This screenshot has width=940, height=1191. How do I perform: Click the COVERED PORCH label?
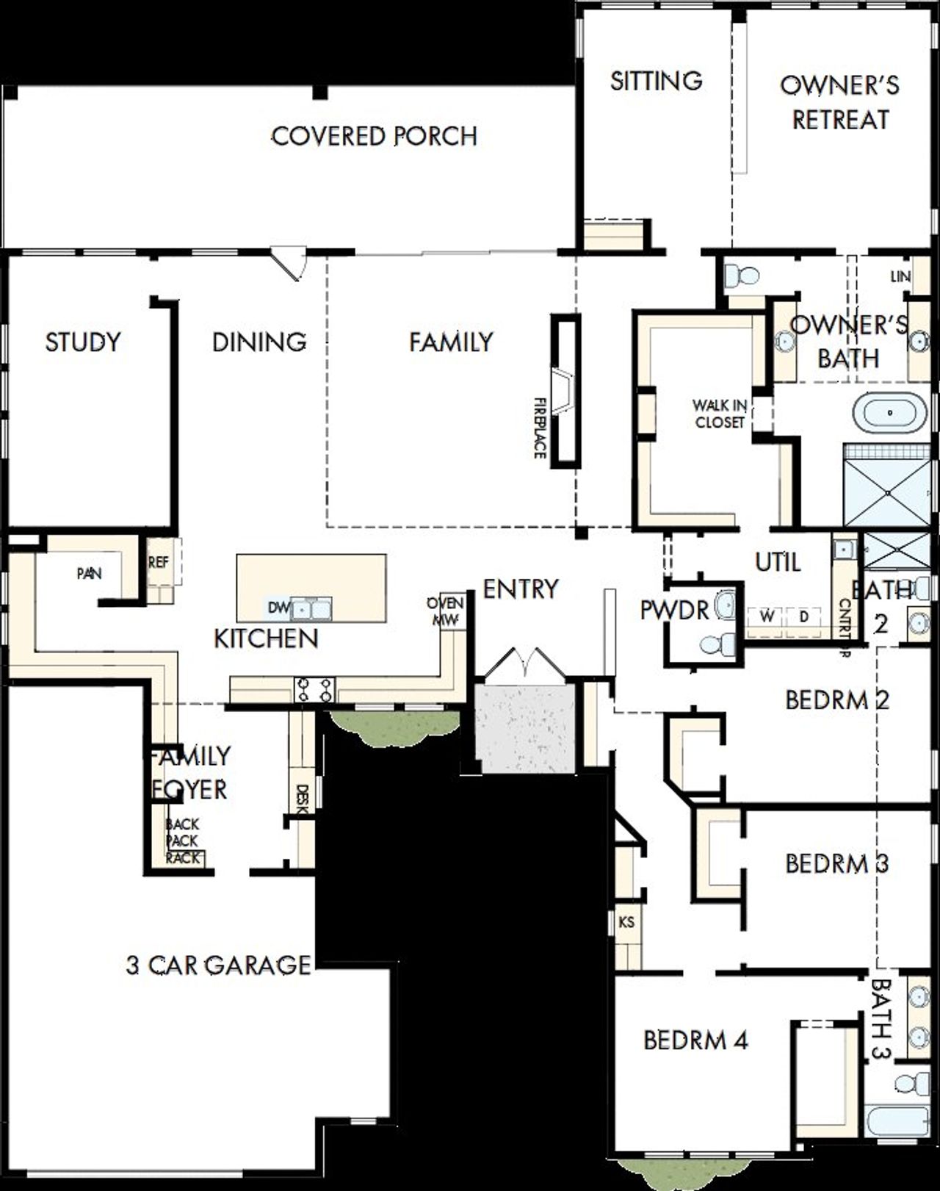(x=374, y=136)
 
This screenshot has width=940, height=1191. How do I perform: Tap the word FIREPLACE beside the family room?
(x=540, y=428)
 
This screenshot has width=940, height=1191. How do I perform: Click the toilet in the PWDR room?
(x=717, y=644)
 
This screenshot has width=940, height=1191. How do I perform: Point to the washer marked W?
(x=767, y=617)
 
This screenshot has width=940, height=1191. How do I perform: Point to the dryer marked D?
(x=804, y=617)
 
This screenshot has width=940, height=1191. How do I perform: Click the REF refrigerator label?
(x=158, y=562)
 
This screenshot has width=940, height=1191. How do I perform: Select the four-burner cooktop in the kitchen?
(x=314, y=689)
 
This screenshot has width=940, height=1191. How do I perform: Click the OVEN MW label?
(x=445, y=611)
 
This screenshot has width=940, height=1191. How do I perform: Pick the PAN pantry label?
(x=90, y=573)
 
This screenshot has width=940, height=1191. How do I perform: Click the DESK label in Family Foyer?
(x=300, y=799)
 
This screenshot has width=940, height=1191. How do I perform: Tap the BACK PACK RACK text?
(x=182, y=841)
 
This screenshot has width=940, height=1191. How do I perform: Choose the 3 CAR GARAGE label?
(x=218, y=965)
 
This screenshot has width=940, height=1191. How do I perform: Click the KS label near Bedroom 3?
(x=626, y=922)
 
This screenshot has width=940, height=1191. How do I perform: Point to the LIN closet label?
(x=900, y=277)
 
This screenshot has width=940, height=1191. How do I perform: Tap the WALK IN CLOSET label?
(x=720, y=414)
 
